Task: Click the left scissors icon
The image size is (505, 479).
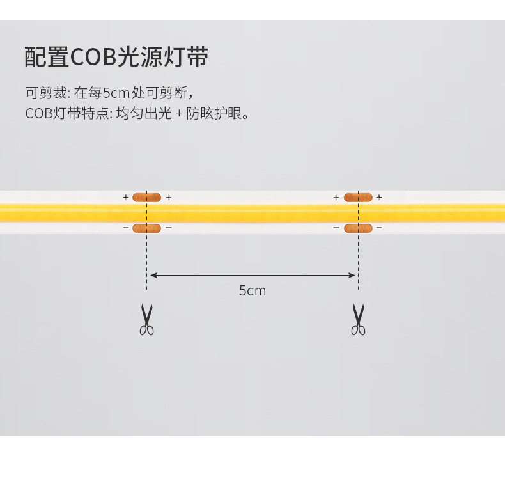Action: [147, 320]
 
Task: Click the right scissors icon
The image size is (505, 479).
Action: [358, 320]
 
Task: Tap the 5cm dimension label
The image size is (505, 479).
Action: [252, 291]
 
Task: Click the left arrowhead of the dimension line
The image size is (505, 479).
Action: [153, 276]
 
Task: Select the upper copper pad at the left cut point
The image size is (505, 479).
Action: [146, 198]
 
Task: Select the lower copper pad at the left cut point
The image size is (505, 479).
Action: [146, 228]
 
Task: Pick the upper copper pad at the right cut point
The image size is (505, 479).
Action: [358, 198]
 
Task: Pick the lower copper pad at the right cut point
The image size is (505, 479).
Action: [358, 228]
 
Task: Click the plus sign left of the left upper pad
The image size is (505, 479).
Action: [126, 198]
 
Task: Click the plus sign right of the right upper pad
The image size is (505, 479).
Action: [379, 198]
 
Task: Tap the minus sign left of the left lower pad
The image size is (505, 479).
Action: [126, 228]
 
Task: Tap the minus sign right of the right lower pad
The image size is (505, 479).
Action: [379, 228]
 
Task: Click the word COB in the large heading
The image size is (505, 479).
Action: [93, 58]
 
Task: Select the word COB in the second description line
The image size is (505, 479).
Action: [37, 114]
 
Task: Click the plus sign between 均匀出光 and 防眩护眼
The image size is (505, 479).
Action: [178, 114]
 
